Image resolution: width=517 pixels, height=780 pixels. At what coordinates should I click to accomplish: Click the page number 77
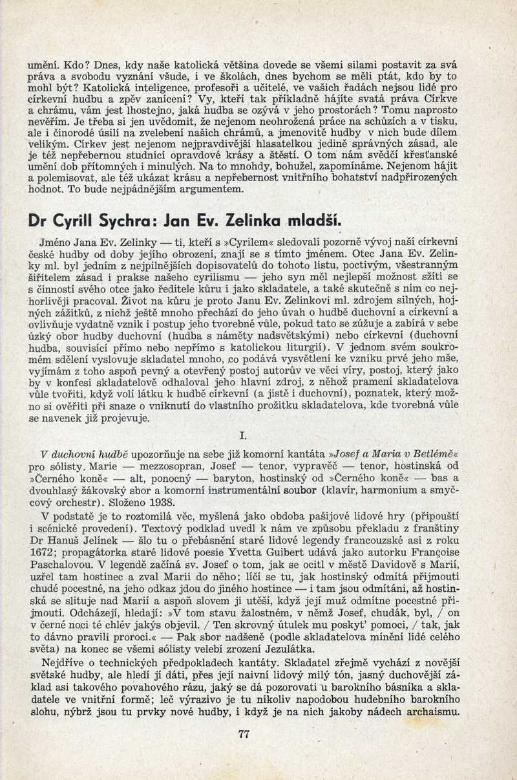tap(244, 733)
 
